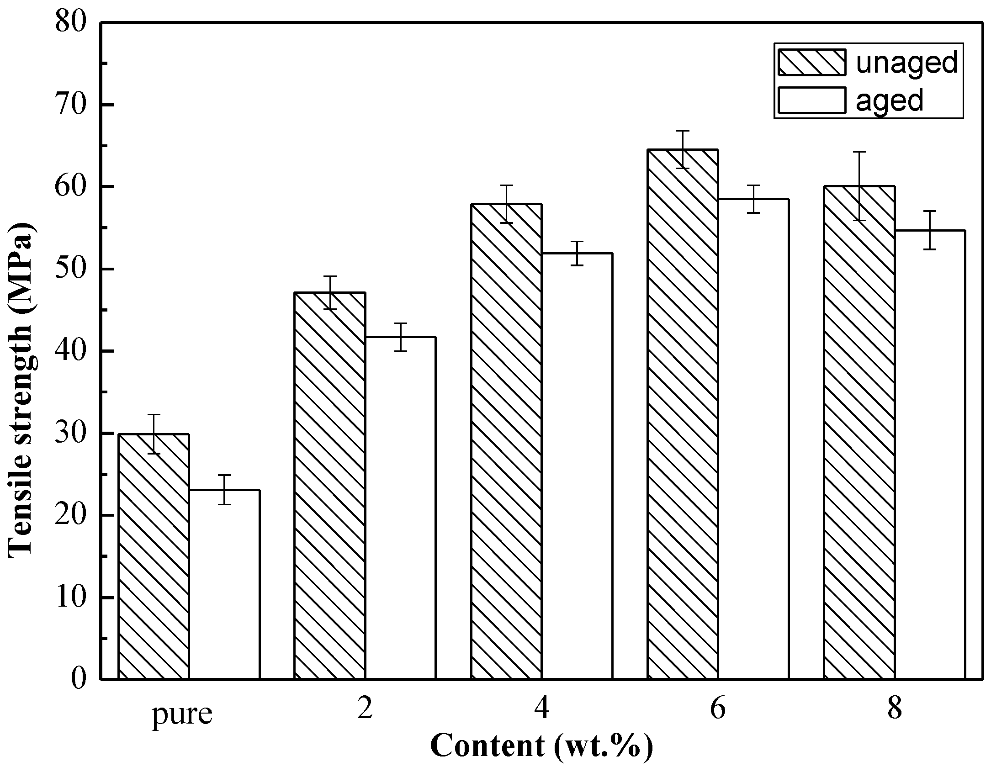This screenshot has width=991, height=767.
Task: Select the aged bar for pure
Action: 224,585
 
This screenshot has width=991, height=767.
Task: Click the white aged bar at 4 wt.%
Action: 577,466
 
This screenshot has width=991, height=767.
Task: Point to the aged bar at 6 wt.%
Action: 753,439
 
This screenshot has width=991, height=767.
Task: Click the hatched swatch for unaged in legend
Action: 811,62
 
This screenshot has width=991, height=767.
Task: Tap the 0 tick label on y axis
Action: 79,679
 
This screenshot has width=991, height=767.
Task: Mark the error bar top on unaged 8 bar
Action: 859,152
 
